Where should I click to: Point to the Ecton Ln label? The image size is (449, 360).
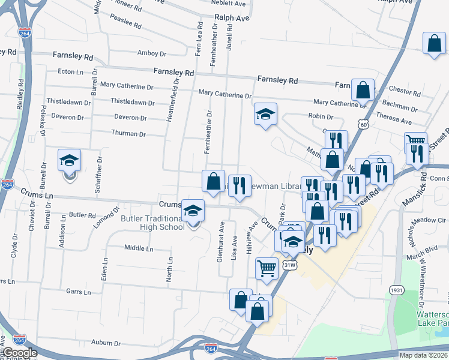pyautogui.click(x=70, y=71)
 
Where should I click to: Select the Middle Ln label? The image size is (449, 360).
pyautogui.click(x=139, y=248)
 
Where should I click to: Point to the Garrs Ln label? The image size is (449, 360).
pyautogui.click(x=79, y=292)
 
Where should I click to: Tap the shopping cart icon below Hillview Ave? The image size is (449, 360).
pyautogui.click(x=267, y=268)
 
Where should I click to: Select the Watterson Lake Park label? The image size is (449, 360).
pyautogui.click(x=432, y=319)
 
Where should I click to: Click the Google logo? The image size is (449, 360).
pyautogui.click(x=20, y=353)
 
